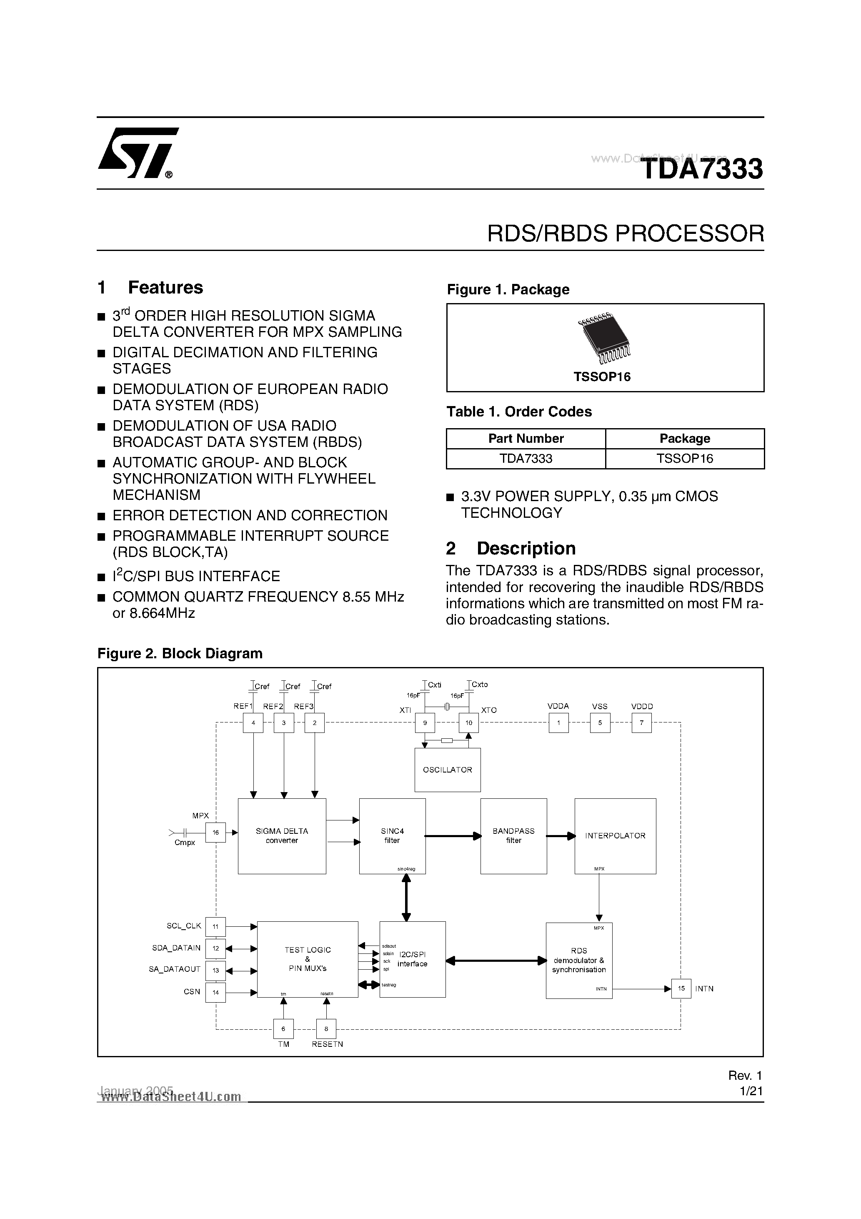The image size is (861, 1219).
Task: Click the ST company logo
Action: tap(137, 153)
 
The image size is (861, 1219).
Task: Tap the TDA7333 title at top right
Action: tap(701, 169)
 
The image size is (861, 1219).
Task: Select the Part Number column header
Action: tap(526, 439)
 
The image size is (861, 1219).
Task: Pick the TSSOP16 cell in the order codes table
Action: tap(684, 459)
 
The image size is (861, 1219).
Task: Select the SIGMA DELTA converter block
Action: tap(281, 836)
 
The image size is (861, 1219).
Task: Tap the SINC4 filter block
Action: tap(392, 836)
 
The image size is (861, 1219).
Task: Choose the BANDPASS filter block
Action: tap(513, 836)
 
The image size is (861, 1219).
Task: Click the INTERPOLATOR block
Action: tap(615, 836)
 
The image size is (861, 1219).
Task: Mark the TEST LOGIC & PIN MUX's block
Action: tap(307, 959)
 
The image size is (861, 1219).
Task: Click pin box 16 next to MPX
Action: tap(215, 833)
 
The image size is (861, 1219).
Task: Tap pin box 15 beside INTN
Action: tap(681, 988)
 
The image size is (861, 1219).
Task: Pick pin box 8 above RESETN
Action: tap(326, 1029)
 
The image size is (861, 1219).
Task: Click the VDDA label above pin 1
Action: tap(558, 706)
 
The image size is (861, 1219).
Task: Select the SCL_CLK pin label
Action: tap(184, 926)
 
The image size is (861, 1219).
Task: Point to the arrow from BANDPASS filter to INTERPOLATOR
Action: tap(561, 836)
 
